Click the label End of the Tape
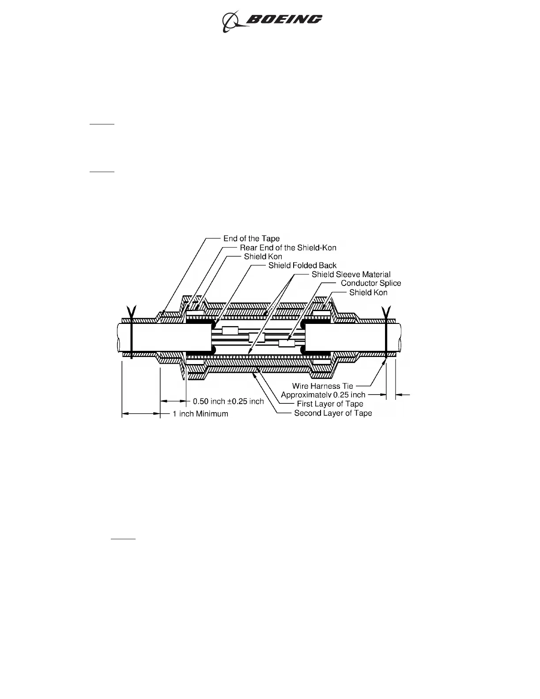click(x=251, y=239)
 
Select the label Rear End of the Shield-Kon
click(x=288, y=248)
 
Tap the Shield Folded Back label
click(x=302, y=266)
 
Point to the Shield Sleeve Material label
click(x=351, y=274)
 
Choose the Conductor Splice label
click(x=371, y=283)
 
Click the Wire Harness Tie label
click(x=323, y=386)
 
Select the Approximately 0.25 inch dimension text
click(x=323, y=395)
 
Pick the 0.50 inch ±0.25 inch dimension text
click(x=228, y=401)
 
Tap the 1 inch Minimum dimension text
click(x=200, y=414)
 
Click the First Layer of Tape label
click(x=330, y=404)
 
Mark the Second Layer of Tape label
click(x=333, y=413)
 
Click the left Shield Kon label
click(x=263, y=256)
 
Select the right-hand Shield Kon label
click(x=368, y=292)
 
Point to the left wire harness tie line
click(x=131, y=335)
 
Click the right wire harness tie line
click(x=386, y=335)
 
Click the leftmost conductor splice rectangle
click(x=230, y=331)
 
